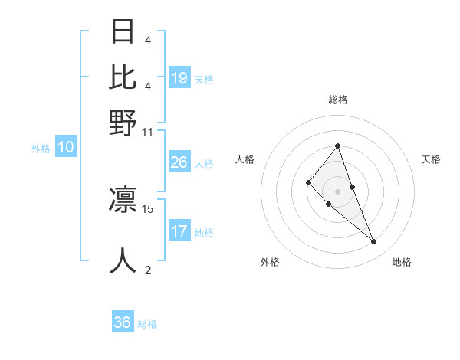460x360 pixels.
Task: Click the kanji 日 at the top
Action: pyautogui.click(x=123, y=32)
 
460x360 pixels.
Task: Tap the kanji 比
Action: pyautogui.click(x=123, y=77)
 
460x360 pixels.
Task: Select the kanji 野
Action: pyautogui.click(x=123, y=122)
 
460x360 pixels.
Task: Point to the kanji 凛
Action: pyautogui.click(x=123, y=198)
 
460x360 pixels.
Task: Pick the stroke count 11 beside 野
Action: pyautogui.click(x=147, y=132)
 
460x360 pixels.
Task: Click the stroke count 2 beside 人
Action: pyautogui.click(x=147, y=270)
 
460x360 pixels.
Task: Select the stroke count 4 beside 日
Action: pyautogui.click(x=147, y=40)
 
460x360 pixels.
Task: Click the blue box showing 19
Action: pyautogui.click(x=179, y=77)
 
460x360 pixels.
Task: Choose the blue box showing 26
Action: pyautogui.click(x=179, y=162)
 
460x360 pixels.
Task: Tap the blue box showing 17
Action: pyautogui.click(x=179, y=231)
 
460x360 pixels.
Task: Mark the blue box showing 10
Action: pyautogui.click(x=66, y=148)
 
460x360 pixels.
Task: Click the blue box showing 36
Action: pyautogui.click(x=122, y=322)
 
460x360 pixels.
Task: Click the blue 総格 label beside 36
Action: pyautogui.click(x=147, y=324)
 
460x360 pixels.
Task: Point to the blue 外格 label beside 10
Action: pyautogui.click(x=41, y=149)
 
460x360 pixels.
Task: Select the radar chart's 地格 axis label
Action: pyautogui.click(x=402, y=262)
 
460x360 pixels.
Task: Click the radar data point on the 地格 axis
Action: pyautogui.click(x=373, y=242)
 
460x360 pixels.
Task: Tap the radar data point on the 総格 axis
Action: pyautogui.click(x=337, y=146)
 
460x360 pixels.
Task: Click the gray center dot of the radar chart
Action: pyautogui.click(x=337, y=191)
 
